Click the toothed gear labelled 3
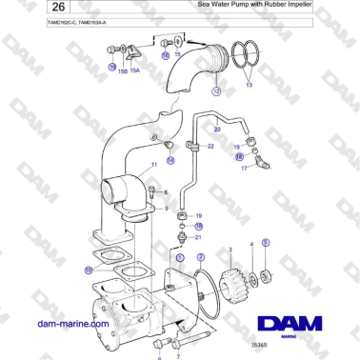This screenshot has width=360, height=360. [x=231, y=281]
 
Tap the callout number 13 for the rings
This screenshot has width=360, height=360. [x=250, y=85]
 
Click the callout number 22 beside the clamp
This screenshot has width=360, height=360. [x=210, y=147]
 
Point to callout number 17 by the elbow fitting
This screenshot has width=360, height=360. [x=245, y=169]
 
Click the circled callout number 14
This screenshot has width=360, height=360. [x=170, y=160]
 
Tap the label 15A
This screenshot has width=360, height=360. [x=135, y=70]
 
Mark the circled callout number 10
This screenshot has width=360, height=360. [x=89, y=270]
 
